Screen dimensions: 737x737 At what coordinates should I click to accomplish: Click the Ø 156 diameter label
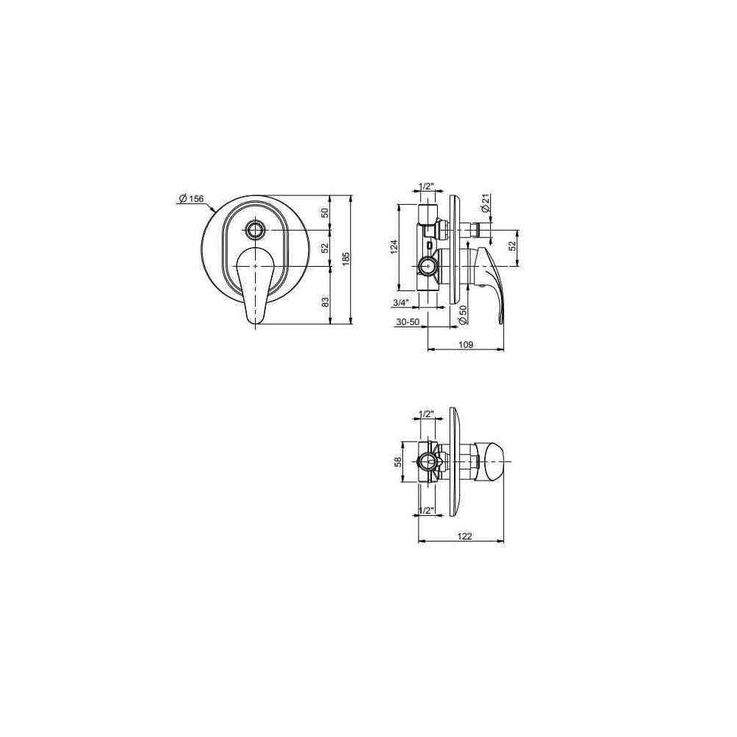coord(192,198)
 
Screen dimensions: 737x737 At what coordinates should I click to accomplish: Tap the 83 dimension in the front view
coord(325,303)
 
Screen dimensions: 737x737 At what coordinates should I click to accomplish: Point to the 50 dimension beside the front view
coord(325,212)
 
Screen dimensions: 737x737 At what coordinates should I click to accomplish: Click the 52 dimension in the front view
coord(325,248)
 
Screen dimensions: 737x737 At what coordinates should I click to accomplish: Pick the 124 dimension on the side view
coord(394,246)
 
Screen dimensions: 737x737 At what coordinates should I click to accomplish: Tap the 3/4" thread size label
coord(401,303)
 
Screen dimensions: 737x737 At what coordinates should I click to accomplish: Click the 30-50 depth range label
coord(407,322)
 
